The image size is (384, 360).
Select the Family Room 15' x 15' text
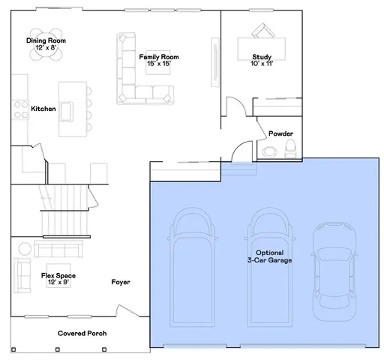coord(159,60)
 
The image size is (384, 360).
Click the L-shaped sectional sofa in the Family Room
coord(139,82)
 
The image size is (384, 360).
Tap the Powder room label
coord(281,133)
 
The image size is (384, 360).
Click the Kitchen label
coord(43,109)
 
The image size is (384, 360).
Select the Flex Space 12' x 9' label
coord(58,279)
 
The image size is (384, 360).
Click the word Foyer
coord(121,282)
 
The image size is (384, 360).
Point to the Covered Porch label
coord(82,333)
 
